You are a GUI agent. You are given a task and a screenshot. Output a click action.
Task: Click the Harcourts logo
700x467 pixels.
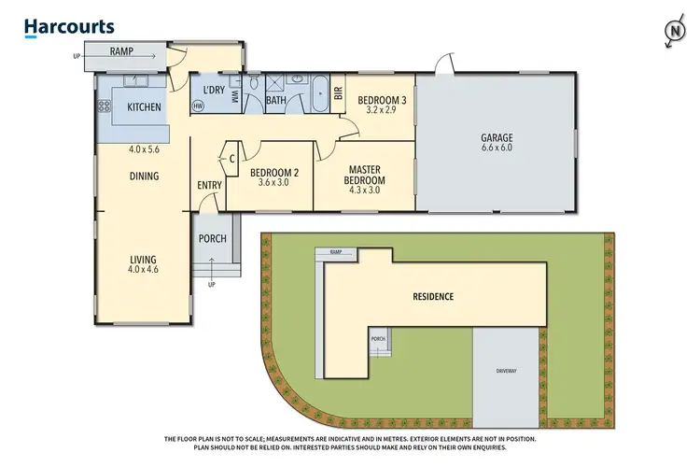[69, 27]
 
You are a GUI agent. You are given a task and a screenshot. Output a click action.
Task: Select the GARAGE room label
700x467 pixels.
[497, 138]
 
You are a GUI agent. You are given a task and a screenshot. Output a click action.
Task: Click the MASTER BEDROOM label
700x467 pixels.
[364, 175]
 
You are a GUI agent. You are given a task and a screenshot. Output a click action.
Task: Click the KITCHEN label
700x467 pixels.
[144, 107]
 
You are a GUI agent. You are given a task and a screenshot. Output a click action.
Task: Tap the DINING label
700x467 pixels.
[144, 176]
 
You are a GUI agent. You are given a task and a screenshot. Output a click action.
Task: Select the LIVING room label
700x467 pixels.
[144, 259]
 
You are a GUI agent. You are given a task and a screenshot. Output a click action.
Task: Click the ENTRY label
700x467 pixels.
[209, 185]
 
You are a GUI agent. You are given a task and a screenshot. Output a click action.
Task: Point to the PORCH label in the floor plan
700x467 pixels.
[213, 238]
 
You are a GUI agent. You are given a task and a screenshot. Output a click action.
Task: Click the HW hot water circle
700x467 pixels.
[198, 106]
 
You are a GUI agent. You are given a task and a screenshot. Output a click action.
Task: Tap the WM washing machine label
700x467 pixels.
[235, 94]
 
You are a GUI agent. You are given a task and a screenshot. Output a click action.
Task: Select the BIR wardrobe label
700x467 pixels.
[338, 93]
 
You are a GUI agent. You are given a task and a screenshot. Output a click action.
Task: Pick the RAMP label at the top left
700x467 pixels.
[120, 52]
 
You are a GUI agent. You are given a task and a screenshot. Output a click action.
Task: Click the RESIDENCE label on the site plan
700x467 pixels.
[432, 297]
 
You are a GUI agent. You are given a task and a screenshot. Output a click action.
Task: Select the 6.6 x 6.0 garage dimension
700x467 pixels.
[497, 149]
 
